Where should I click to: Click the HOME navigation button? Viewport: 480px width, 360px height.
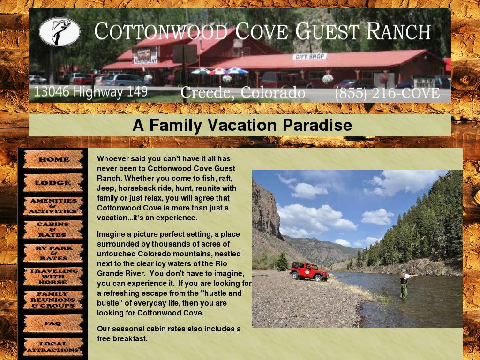(x=53, y=159)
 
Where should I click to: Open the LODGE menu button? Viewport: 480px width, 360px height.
(x=53, y=183)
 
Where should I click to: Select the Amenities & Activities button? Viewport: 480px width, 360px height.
(x=53, y=206)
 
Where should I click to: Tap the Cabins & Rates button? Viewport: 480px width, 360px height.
(x=53, y=230)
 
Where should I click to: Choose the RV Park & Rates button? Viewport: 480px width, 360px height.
(x=53, y=253)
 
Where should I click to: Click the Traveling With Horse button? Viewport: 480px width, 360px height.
(x=53, y=277)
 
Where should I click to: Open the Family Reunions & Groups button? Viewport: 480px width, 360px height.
(x=53, y=300)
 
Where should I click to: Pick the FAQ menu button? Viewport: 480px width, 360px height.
(x=53, y=323)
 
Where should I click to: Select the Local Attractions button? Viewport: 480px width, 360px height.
(x=53, y=347)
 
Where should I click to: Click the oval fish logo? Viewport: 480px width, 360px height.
(x=60, y=32)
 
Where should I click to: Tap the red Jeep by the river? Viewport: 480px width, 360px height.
(x=309, y=271)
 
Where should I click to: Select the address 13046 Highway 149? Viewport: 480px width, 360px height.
(x=91, y=92)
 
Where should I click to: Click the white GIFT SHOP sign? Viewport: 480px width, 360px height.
(x=310, y=57)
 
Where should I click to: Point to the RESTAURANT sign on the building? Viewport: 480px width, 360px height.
(x=145, y=60)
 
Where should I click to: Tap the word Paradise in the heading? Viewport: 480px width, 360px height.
(x=317, y=125)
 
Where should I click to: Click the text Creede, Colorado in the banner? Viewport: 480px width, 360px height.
(x=243, y=92)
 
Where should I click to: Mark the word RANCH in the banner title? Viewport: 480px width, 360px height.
(x=398, y=31)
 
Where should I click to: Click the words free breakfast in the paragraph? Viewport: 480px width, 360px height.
(x=122, y=338)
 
